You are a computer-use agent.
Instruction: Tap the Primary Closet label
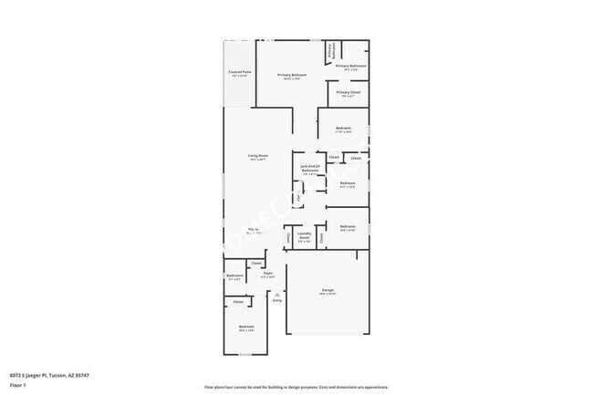click(347, 92)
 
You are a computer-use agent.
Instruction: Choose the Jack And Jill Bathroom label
click(310, 168)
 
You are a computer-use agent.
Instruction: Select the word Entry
click(276, 301)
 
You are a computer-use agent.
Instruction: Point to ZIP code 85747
click(82, 375)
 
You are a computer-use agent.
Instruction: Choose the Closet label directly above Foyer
click(256, 263)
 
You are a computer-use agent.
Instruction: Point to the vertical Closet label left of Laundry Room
click(289, 237)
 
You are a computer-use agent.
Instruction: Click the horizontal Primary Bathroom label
click(351, 66)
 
